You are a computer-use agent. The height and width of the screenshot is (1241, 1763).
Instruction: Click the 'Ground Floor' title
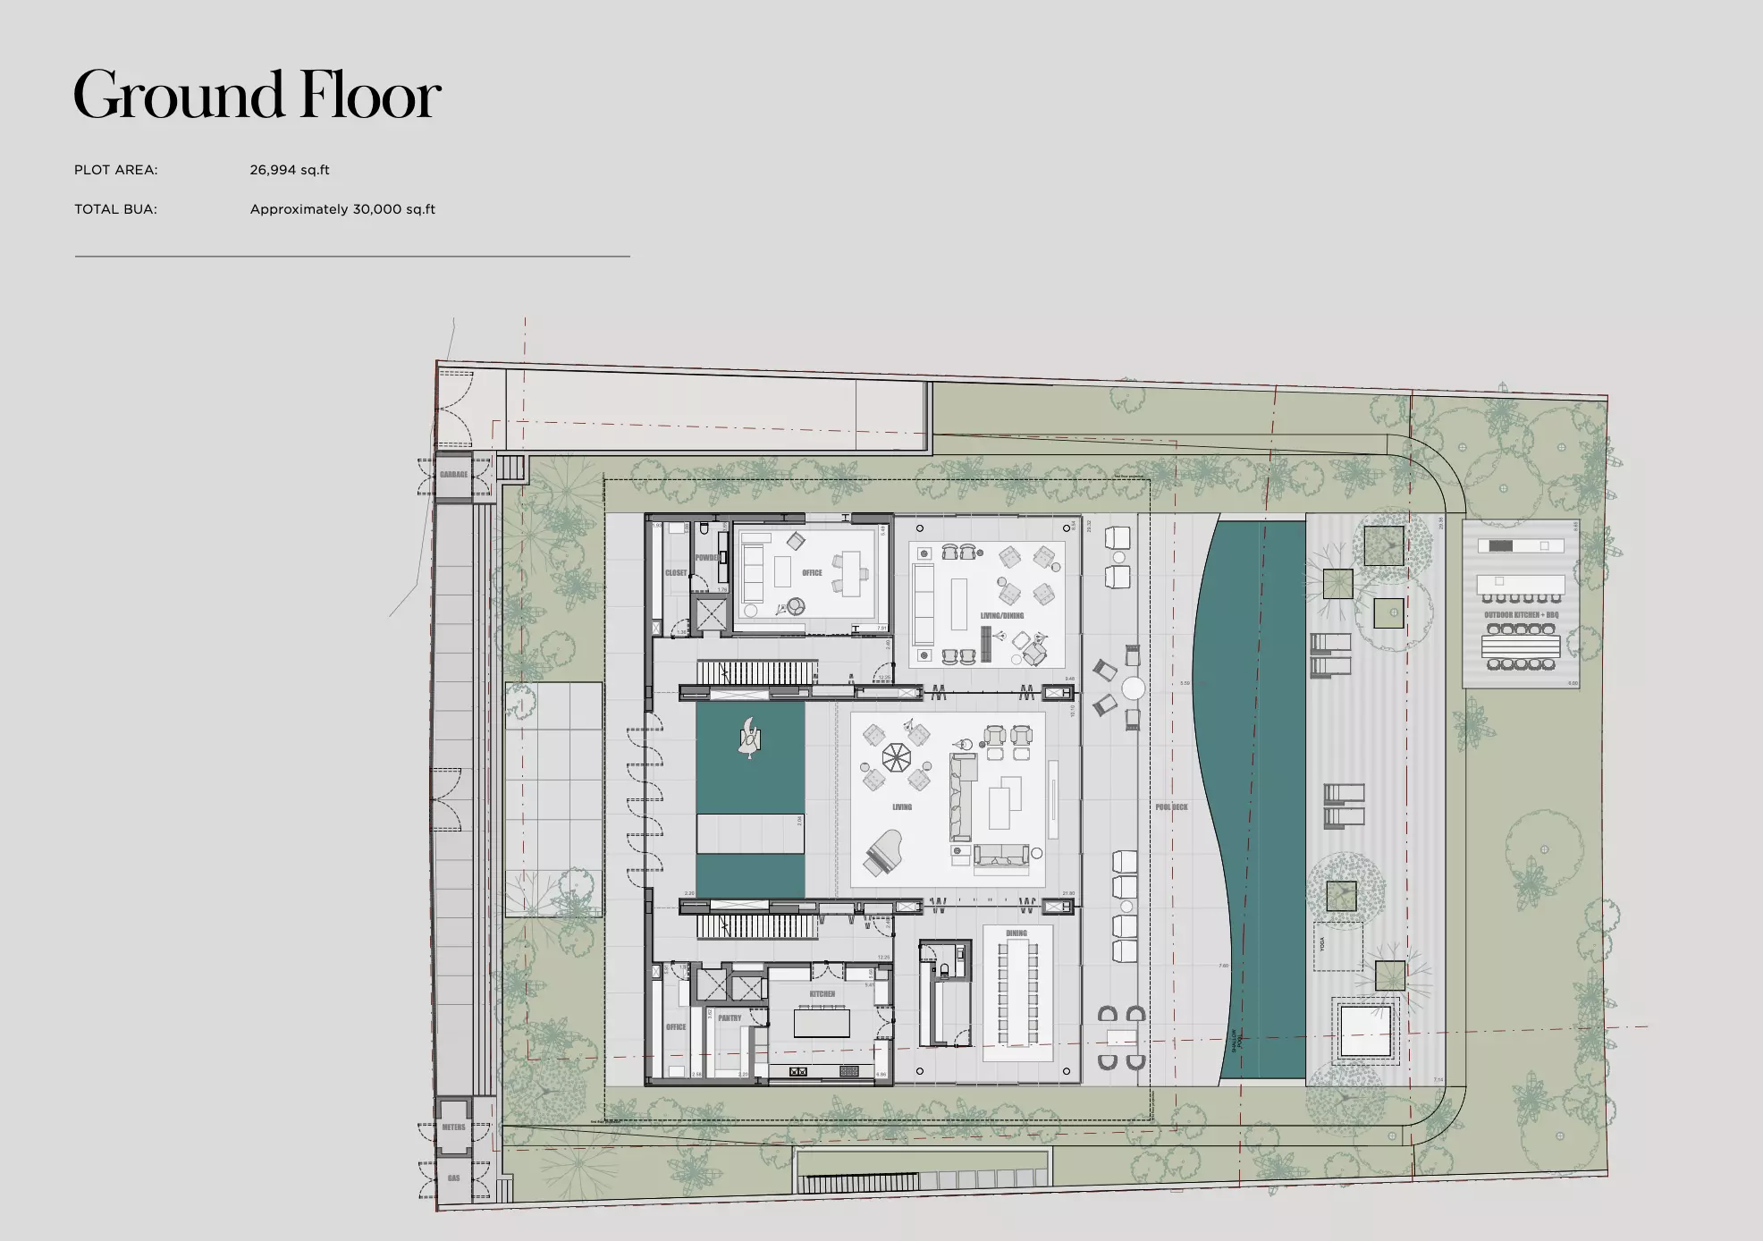tap(257, 95)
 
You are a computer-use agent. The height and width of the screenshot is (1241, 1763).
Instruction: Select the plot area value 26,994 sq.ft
tap(290, 170)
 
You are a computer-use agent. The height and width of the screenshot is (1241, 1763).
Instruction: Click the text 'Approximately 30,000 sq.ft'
tap(342, 209)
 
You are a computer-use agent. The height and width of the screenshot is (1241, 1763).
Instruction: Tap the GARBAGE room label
tap(453, 475)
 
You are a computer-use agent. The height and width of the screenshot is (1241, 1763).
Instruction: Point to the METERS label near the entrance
tap(453, 1127)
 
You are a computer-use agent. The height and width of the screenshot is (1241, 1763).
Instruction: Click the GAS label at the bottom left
tap(453, 1178)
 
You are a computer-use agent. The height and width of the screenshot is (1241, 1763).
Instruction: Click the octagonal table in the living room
tap(895, 758)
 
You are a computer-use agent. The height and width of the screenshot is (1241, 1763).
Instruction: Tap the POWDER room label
tap(707, 558)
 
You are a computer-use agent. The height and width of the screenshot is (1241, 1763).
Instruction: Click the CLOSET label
tap(676, 573)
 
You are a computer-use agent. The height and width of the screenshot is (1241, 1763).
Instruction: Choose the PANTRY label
tap(730, 1018)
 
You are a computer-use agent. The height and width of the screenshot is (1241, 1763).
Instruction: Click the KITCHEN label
tap(822, 994)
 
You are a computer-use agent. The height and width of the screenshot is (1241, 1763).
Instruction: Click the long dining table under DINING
tap(1016, 992)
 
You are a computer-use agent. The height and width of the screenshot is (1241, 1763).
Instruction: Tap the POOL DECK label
tap(1171, 807)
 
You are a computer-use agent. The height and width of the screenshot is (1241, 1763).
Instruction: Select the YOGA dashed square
tap(1337, 946)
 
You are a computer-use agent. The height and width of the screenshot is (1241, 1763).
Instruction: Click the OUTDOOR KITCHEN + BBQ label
tap(1521, 615)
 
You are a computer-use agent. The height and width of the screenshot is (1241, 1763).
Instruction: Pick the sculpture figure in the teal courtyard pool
tap(749, 739)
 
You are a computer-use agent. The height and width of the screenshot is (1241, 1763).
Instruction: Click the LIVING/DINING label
tap(1001, 616)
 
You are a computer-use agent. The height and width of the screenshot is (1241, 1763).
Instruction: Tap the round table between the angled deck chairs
tap(1133, 689)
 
